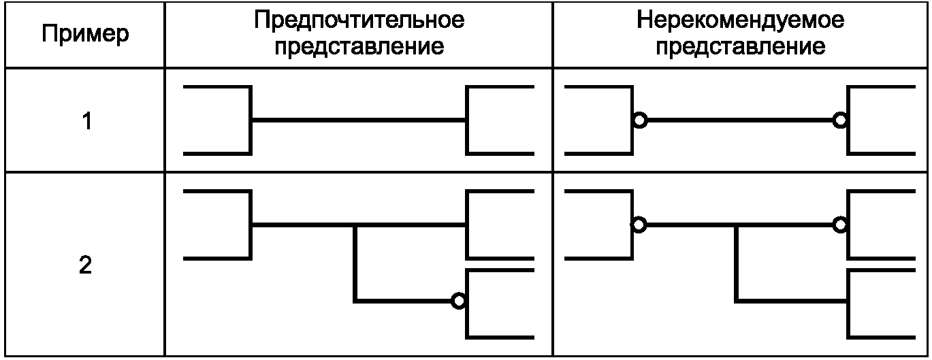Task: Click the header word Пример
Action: [85, 35]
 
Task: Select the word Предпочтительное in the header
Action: [359, 20]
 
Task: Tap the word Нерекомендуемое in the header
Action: [741, 20]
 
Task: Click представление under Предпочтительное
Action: [359, 47]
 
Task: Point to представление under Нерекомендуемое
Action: [741, 47]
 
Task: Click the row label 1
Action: [85, 122]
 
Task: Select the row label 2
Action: [85, 265]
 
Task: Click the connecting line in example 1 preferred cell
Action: [359, 120]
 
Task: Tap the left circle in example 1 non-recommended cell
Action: [639, 121]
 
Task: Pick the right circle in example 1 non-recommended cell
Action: [841, 121]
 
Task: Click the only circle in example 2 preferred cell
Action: [460, 300]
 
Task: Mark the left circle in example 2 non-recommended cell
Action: [639, 225]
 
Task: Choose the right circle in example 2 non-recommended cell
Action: [841, 225]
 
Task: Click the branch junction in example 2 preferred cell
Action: [355, 225]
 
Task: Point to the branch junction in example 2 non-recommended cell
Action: [736, 225]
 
